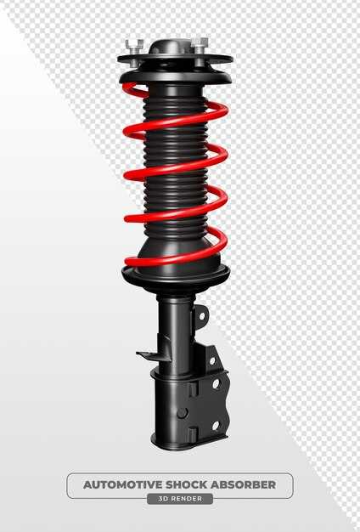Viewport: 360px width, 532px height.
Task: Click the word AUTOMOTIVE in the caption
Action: click(123, 484)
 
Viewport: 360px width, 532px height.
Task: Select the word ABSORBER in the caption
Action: click(243, 484)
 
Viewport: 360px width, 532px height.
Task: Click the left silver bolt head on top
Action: click(134, 44)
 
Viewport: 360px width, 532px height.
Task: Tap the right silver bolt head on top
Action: click(200, 43)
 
